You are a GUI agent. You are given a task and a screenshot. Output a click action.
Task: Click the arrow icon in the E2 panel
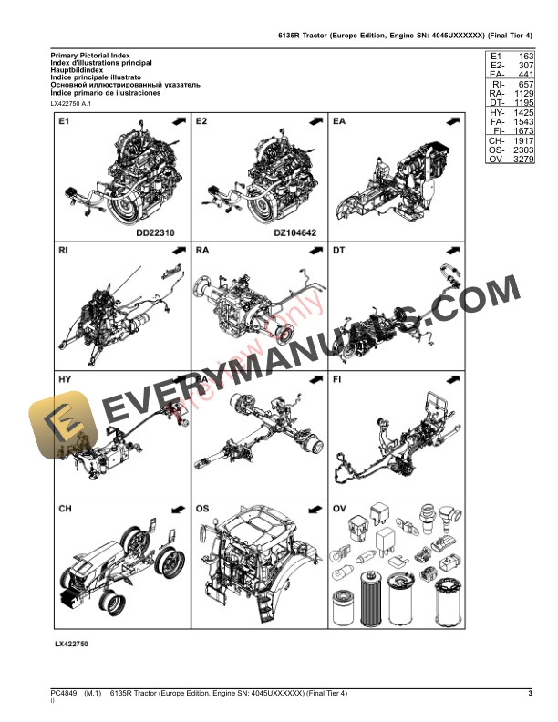tap(315, 120)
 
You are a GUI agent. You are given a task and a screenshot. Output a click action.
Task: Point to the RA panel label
tap(202, 249)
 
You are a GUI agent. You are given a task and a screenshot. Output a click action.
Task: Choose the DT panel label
tap(339, 249)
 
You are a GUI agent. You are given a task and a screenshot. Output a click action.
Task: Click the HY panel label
tap(65, 377)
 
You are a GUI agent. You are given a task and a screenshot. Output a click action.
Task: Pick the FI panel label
tap(337, 377)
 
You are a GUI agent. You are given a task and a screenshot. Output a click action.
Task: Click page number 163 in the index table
tap(524, 57)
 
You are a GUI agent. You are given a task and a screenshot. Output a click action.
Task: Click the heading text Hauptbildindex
tap(78, 74)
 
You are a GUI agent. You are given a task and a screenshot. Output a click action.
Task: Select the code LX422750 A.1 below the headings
tap(72, 104)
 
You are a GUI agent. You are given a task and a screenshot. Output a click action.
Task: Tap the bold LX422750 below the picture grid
tap(72, 644)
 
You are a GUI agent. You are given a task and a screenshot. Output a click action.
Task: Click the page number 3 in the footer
tap(530, 695)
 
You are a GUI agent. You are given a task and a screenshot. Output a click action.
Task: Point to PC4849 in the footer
tap(64, 695)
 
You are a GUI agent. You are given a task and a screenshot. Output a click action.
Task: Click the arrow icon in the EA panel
tap(452, 120)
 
